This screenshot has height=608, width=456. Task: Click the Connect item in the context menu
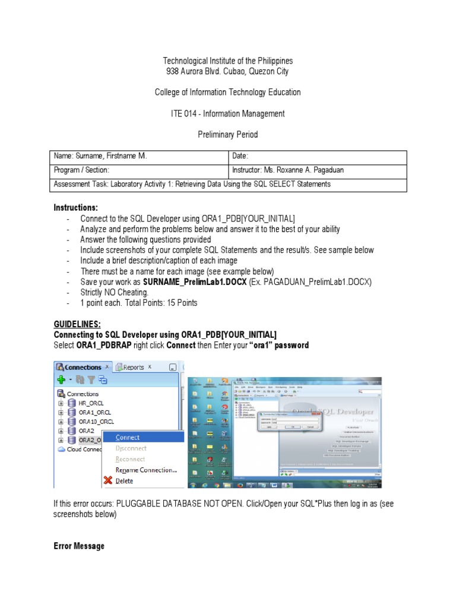tap(128, 437)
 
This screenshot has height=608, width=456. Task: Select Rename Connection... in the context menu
tap(146, 470)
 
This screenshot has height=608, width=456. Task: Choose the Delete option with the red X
tap(124, 481)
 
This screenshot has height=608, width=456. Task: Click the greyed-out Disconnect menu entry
tap(131, 448)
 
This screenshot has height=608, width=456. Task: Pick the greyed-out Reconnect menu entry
tap(130, 459)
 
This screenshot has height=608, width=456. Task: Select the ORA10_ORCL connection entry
tap(95, 422)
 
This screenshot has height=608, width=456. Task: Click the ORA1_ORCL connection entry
tap(94, 412)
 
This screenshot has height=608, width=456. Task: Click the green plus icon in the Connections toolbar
tap(61, 379)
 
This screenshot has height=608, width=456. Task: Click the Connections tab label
tap(83, 367)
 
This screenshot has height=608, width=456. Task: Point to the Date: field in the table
tap(240, 156)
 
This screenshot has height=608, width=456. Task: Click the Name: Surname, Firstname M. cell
tap(100, 156)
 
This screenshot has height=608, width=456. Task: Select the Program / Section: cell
tap(81, 170)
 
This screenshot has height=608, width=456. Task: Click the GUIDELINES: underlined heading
tap(77, 324)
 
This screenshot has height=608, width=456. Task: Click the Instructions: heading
tap(75, 207)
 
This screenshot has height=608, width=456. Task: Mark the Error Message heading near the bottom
tap(79, 546)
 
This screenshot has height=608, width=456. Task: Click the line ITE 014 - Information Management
tap(227, 113)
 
